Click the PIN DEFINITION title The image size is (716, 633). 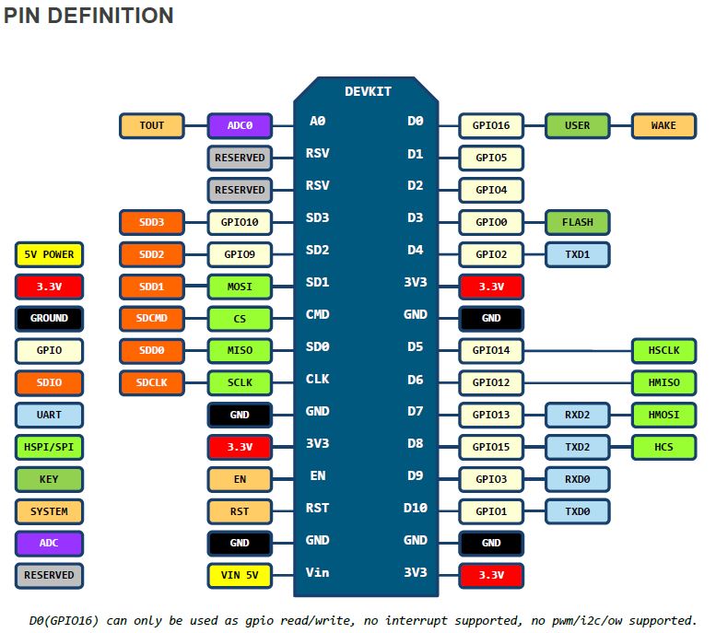[x=88, y=16]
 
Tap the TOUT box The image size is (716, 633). [x=152, y=125]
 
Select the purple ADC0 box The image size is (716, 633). [x=240, y=125]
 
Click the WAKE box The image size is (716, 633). [x=664, y=125]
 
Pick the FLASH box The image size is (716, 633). [x=578, y=222]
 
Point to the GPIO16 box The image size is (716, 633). [x=491, y=125]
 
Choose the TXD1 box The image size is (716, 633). [x=578, y=254]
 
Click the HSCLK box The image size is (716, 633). [x=664, y=351]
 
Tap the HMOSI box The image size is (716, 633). [x=664, y=416]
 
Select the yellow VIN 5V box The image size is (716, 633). [x=240, y=576]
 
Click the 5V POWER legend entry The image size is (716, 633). [x=50, y=254]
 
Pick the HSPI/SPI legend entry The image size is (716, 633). [x=50, y=447]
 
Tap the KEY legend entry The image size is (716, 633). [x=50, y=479]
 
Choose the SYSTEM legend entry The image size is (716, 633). [x=50, y=511]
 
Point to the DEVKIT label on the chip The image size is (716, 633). [x=368, y=92]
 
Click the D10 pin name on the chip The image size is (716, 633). [x=415, y=508]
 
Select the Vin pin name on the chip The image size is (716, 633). [x=317, y=572]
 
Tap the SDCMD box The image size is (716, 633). [x=152, y=319]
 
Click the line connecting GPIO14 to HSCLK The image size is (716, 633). [x=578, y=351]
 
